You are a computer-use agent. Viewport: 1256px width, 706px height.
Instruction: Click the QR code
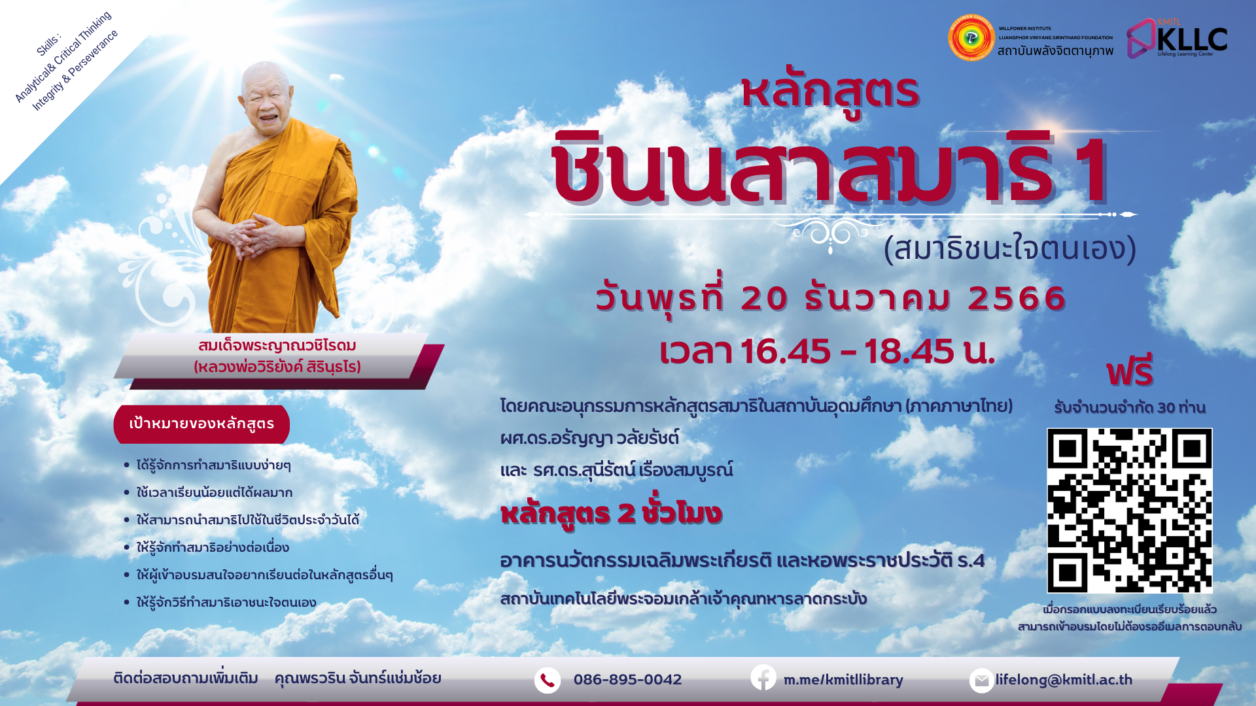1129,511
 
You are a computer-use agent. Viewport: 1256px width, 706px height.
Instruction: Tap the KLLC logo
1177,39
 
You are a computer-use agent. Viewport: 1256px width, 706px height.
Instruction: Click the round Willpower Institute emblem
971,38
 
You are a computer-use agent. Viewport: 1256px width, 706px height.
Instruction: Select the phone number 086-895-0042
627,680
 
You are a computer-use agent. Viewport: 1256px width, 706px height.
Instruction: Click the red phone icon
548,681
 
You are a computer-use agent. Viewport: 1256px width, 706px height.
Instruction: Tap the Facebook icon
763,677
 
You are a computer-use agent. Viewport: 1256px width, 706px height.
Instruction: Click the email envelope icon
981,681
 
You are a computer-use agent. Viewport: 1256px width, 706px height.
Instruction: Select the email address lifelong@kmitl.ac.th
1064,680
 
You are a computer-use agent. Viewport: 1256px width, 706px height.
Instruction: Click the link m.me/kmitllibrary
843,680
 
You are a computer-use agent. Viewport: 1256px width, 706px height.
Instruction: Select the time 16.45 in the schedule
786,351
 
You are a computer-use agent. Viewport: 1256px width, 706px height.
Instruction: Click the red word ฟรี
1130,371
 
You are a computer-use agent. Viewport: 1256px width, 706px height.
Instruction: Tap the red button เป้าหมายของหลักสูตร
201,424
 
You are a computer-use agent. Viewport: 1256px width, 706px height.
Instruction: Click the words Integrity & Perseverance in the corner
75,71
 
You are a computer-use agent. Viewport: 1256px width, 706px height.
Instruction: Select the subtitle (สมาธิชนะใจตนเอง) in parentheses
1010,248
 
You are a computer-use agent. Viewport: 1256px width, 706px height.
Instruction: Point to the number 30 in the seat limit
1166,408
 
